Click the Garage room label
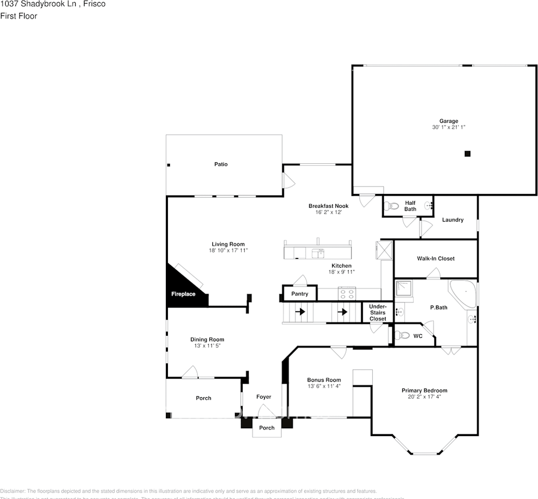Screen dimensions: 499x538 point(449,121)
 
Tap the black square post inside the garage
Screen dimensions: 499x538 point(467,153)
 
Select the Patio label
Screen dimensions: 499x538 point(221,164)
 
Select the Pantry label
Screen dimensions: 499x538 point(299,294)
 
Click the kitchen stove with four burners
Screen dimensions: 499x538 point(347,294)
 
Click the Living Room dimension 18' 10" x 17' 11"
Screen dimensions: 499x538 point(228,251)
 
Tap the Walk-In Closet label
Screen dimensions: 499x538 point(436,258)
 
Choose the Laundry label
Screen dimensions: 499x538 point(452,220)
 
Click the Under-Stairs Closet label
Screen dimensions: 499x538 point(377,312)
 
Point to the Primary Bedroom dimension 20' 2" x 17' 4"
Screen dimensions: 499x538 point(424,397)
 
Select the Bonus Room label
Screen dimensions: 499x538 point(324,380)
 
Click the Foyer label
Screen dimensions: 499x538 point(264,397)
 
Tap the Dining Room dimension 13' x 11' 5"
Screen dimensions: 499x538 point(207,346)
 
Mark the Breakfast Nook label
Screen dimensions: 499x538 point(328,206)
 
